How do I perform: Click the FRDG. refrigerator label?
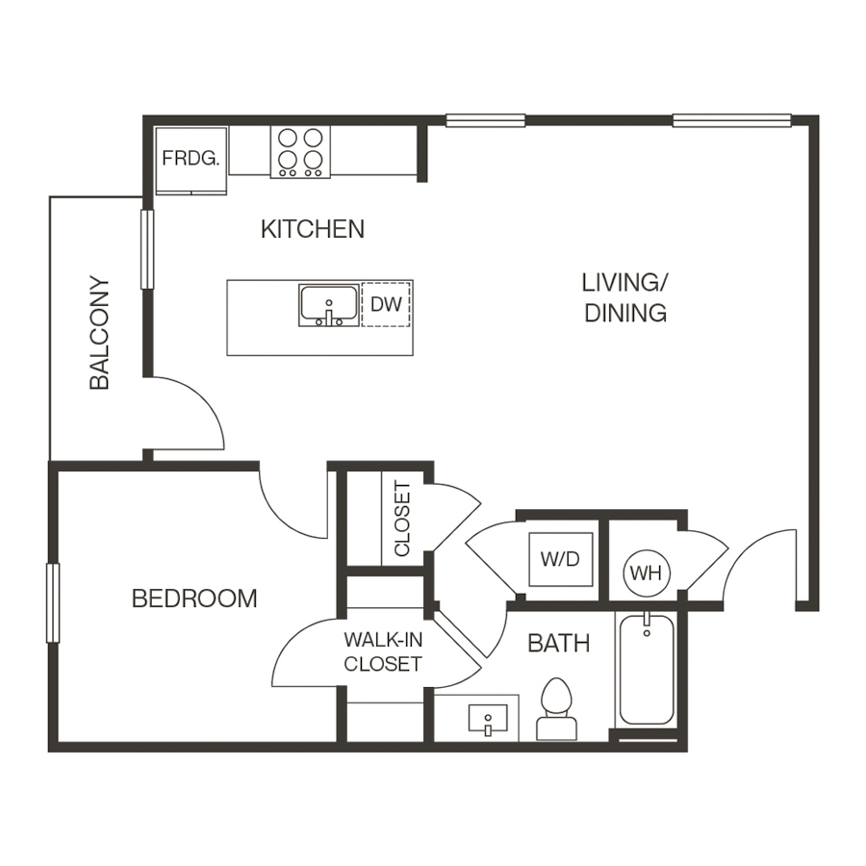pyautogui.click(x=191, y=159)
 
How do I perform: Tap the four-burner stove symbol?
pyautogui.click(x=299, y=151)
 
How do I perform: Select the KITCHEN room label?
pyautogui.click(x=313, y=229)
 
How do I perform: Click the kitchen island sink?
pyautogui.click(x=328, y=306)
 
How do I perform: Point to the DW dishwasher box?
pyautogui.click(x=385, y=304)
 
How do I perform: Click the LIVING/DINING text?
pyautogui.click(x=625, y=297)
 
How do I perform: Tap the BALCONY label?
pyautogui.click(x=100, y=333)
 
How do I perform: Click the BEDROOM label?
pyautogui.click(x=194, y=599)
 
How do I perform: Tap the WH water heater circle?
pyautogui.click(x=646, y=573)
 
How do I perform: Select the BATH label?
pyautogui.click(x=558, y=644)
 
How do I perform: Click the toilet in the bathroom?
pyautogui.click(x=555, y=709)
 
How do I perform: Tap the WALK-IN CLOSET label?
pyautogui.click(x=383, y=651)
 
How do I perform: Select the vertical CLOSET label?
pyautogui.click(x=402, y=519)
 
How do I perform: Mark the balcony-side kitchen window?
pyautogui.click(x=146, y=248)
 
